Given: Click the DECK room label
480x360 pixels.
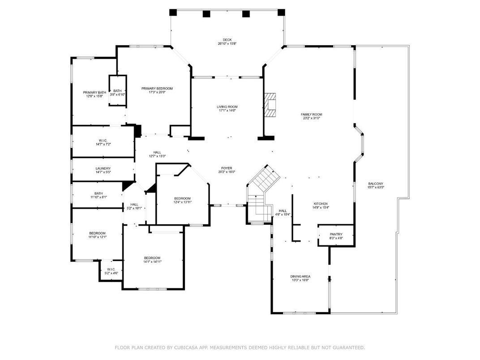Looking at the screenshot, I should click(227, 39).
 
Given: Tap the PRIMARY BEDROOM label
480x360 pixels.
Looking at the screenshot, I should click(157, 89).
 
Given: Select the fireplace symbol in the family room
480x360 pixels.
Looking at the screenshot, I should click(270, 105).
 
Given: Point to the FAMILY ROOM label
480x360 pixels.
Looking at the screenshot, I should click(311, 115).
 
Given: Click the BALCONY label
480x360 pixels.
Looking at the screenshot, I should click(376, 184).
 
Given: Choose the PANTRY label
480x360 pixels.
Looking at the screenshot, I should click(336, 234).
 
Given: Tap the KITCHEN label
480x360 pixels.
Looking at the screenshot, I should click(320, 204).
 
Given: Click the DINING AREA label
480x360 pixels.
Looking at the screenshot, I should click(300, 277).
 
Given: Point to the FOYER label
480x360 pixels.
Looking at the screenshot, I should click(227, 168).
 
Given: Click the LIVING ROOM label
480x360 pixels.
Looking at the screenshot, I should click(227, 107).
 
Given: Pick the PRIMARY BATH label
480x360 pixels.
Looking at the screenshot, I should click(94, 93).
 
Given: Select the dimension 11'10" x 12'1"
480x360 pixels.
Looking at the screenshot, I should click(97, 237).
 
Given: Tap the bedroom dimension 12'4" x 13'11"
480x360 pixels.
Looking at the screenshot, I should click(182, 202).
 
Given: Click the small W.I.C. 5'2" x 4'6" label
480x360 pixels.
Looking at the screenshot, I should click(111, 273).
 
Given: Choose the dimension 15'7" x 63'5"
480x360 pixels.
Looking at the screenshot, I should click(376, 188).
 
